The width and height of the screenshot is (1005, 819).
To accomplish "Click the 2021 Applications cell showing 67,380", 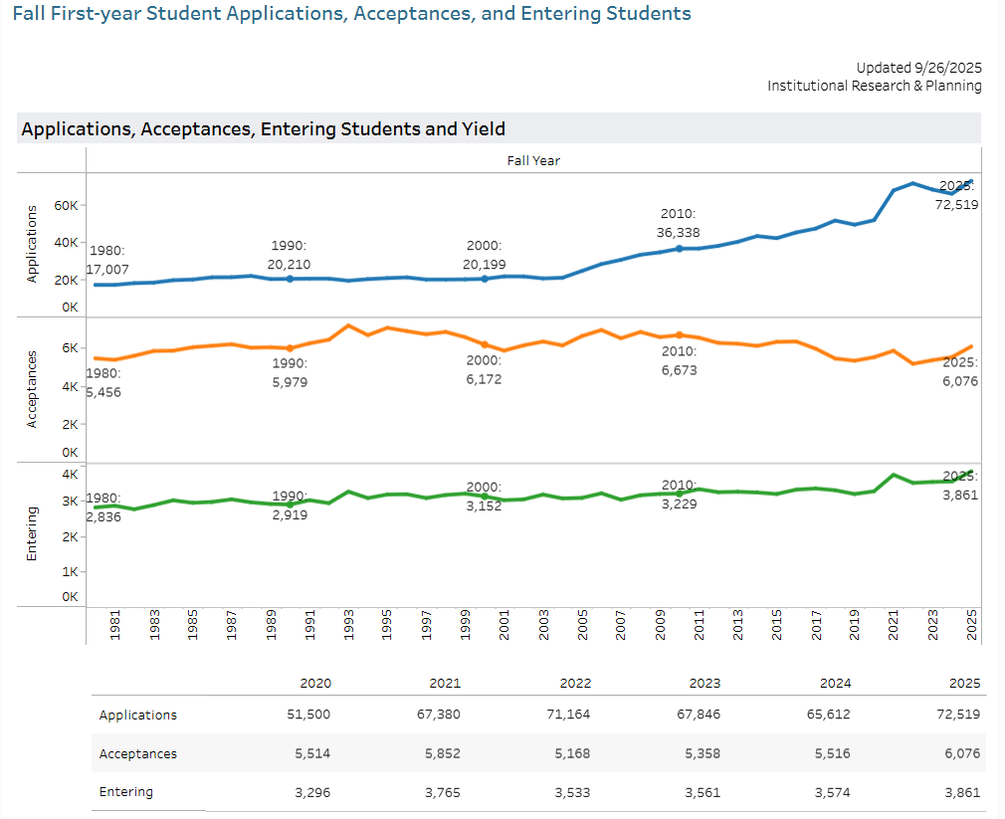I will click(439, 715).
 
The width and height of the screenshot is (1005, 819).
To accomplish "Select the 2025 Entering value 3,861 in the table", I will click(961, 793).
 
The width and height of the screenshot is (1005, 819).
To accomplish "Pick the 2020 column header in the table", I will click(315, 683).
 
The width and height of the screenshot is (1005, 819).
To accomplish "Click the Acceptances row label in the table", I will click(138, 753).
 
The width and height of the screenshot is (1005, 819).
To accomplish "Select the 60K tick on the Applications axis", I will click(68, 205).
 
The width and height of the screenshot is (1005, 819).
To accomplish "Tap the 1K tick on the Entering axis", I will click(70, 572).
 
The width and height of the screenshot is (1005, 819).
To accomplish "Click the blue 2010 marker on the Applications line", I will click(680, 248).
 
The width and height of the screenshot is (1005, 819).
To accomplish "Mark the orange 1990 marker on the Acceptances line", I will click(290, 348).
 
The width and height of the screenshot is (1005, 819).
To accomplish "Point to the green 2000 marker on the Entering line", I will click(485, 496).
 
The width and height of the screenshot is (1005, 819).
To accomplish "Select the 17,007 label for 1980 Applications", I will click(107, 270).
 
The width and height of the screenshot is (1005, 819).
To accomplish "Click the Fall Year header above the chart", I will click(533, 160).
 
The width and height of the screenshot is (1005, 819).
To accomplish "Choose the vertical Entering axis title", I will click(32, 532).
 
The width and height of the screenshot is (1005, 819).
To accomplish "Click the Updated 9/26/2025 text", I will click(918, 68).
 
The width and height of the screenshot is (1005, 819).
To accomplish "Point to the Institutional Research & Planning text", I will click(874, 86).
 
